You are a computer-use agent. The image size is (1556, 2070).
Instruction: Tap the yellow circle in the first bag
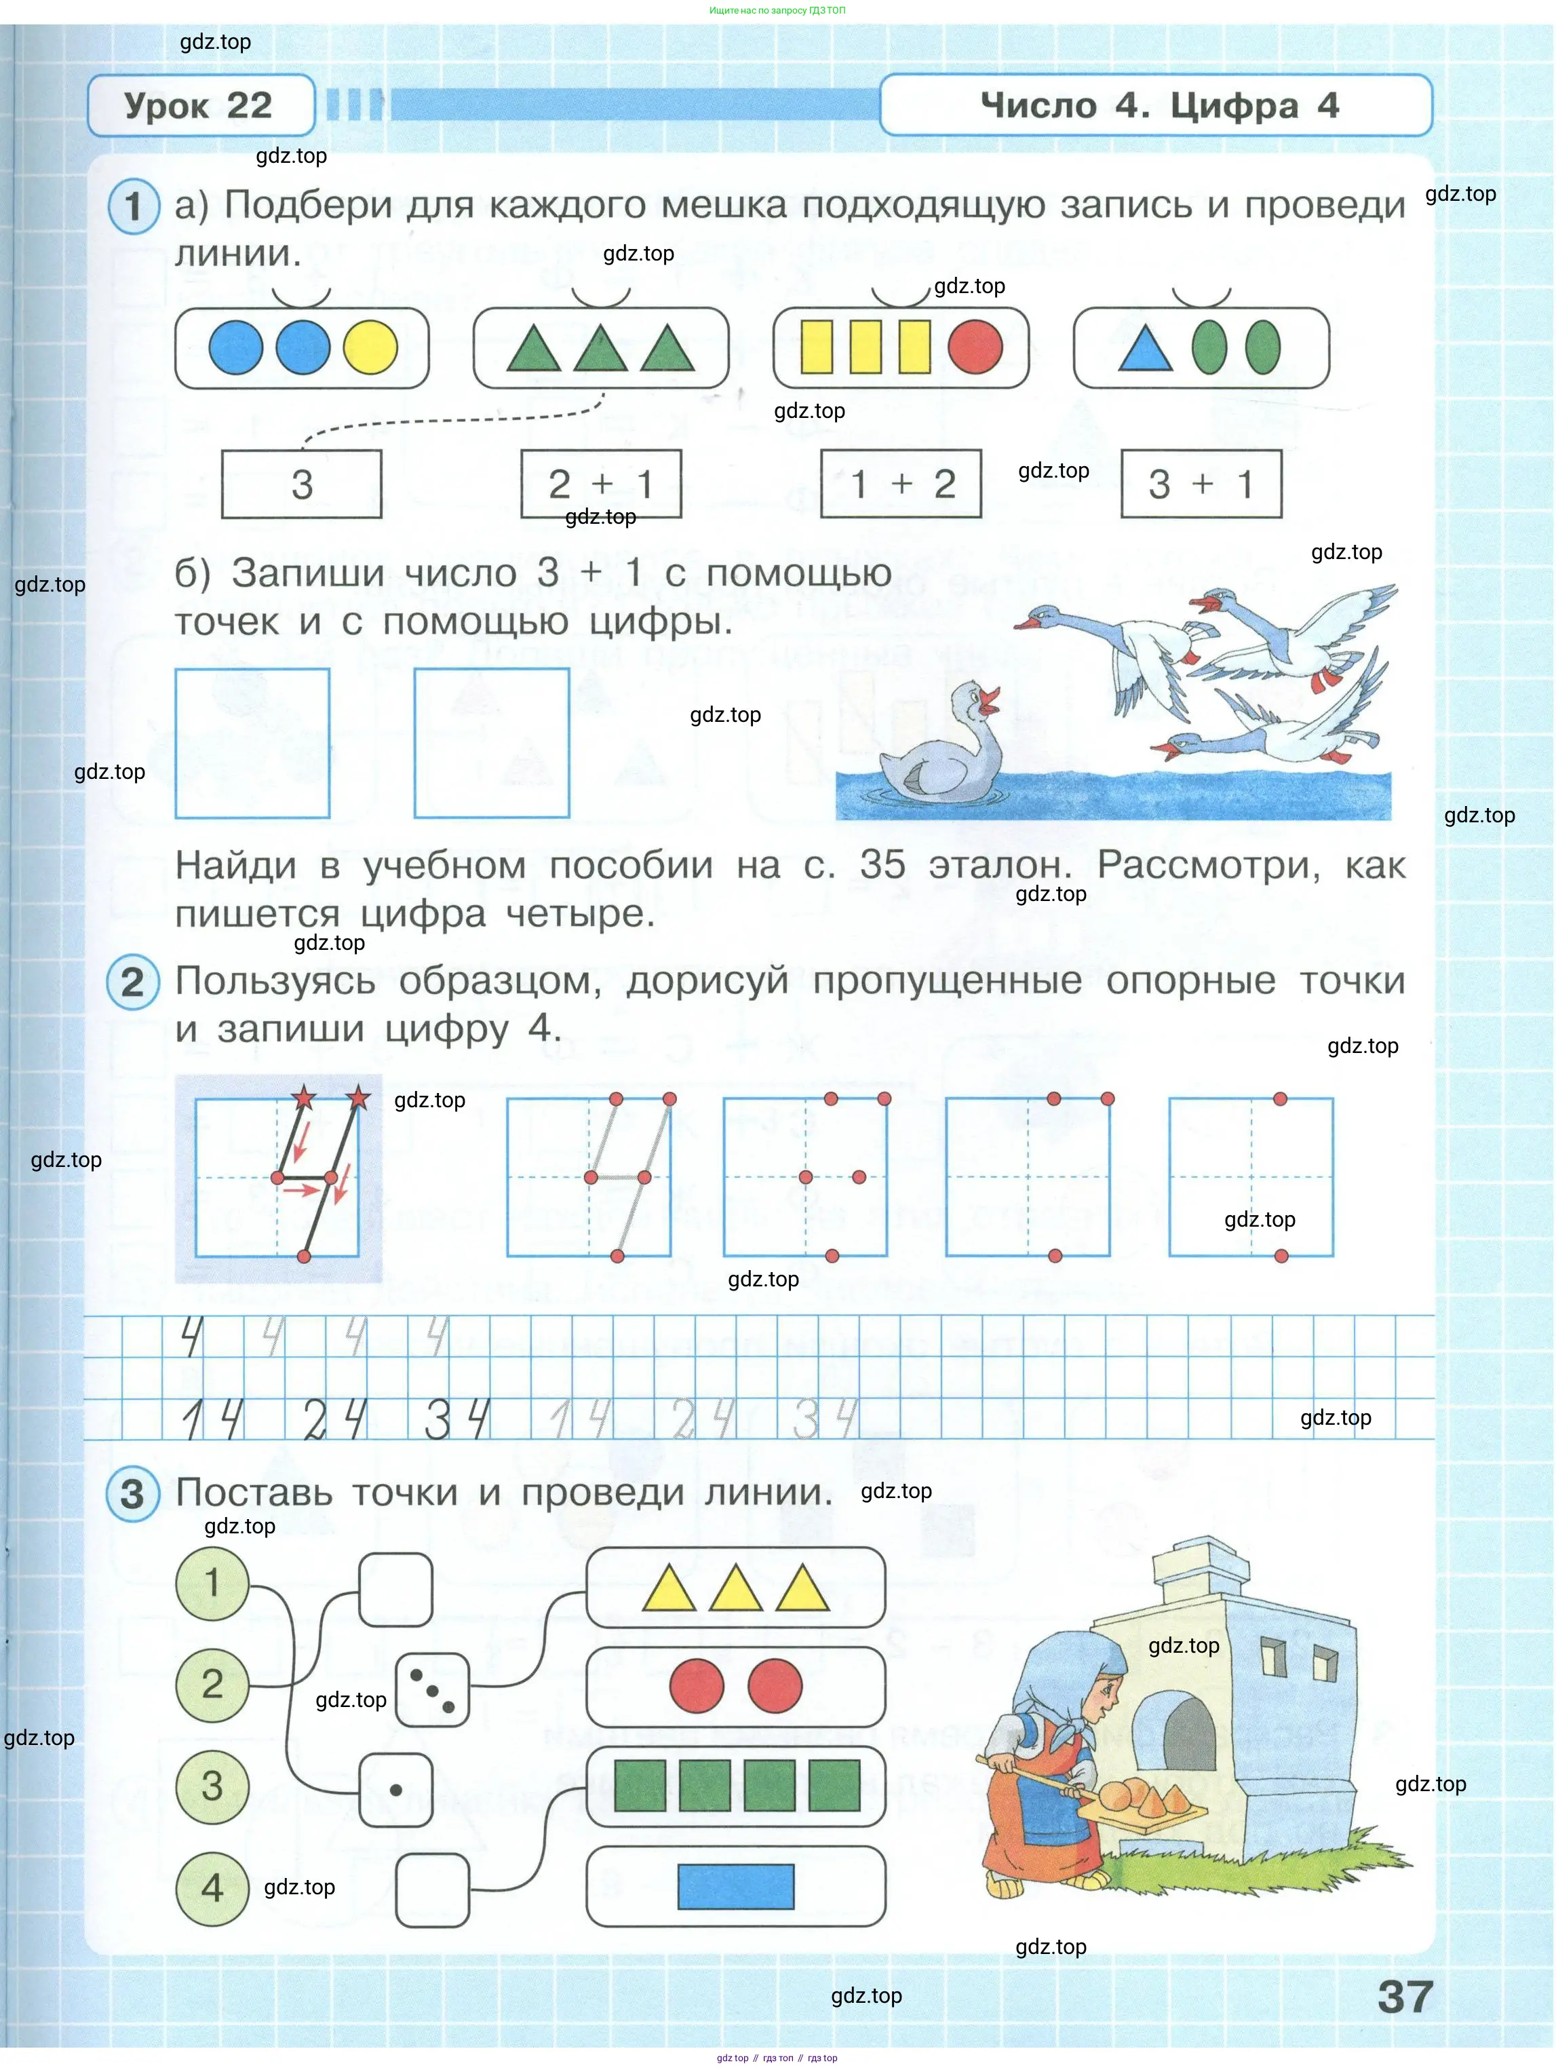[370, 348]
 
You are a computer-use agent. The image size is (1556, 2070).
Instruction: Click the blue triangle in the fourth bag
[1145, 350]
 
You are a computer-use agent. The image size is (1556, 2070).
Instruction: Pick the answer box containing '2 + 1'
[601, 484]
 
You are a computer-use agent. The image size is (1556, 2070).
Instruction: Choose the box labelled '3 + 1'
[1201, 484]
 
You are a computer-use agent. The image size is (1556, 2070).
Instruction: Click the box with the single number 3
[301, 484]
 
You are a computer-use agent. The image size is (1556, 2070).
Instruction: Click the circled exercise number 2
[133, 982]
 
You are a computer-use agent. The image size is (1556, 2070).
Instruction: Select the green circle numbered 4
[212, 1887]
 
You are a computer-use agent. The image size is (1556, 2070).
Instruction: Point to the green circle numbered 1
[212, 1582]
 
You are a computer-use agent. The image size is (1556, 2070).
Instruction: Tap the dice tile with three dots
[432, 1690]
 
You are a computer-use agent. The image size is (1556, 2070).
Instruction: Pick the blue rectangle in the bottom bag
[735, 1887]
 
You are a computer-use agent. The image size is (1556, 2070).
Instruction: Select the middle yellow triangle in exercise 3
[735, 1588]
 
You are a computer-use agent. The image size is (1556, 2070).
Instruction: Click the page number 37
[1405, 1997]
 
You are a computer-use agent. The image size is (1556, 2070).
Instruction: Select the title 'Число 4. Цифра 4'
[1159, 106]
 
